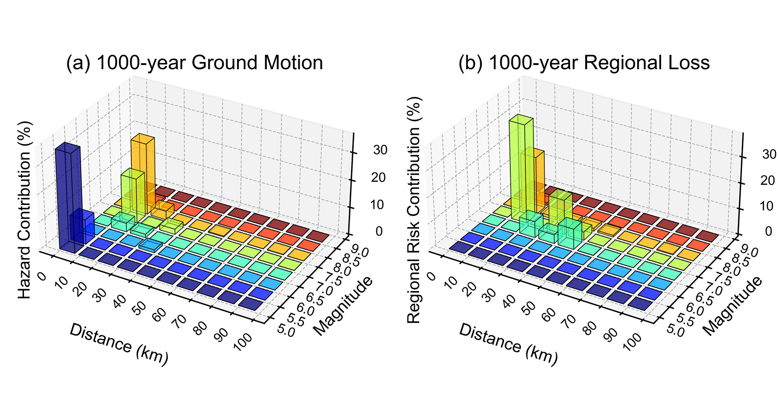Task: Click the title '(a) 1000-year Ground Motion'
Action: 194,63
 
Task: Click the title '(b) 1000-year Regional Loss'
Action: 584,63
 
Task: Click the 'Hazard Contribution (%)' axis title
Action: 25,210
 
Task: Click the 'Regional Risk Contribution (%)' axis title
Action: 414,210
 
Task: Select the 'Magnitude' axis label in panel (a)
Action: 343,306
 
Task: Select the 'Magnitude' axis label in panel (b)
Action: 732,306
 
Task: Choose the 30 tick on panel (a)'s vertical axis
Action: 380,150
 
